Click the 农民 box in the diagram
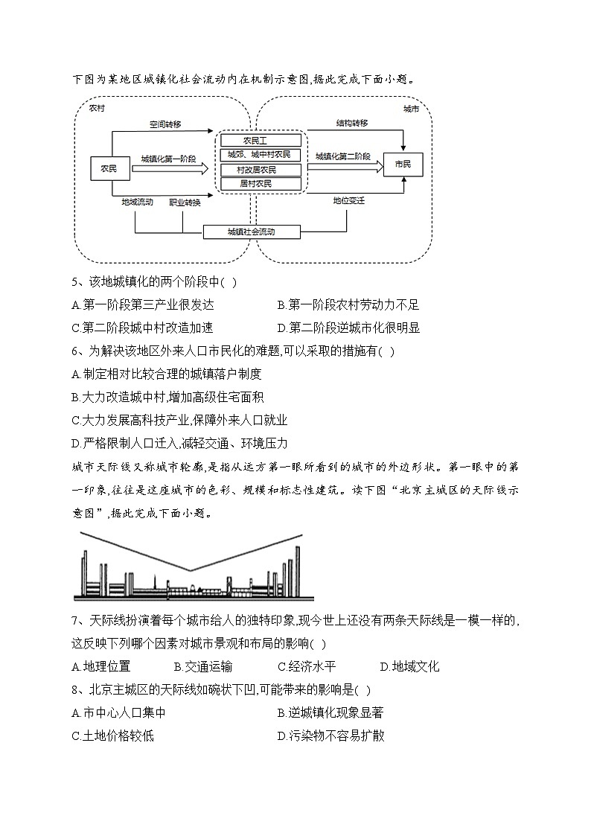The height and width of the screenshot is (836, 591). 109,169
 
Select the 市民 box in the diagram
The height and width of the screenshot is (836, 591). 403,165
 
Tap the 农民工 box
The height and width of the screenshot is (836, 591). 261,140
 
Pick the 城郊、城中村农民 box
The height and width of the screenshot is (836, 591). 261,155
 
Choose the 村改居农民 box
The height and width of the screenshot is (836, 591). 261,170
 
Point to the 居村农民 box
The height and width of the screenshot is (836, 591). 261,183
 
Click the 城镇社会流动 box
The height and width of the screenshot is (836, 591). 252,232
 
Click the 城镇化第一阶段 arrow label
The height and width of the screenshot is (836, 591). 168,159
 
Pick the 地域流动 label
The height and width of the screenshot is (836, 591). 138,202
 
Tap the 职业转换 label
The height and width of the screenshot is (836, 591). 185,202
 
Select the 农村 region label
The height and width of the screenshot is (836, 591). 97,109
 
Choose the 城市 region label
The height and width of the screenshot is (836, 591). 411,109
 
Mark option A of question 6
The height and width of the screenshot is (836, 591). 167,374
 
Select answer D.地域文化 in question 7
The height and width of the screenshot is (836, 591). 409,666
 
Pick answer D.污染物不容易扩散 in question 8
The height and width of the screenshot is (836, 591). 330,736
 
